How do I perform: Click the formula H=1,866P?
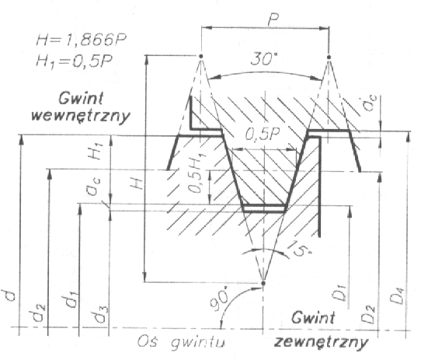[81, 40]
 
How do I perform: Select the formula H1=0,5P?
[74, 61]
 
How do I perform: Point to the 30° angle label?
[263, 59]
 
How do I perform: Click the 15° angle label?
[298, 248]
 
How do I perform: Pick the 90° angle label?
[220, 299]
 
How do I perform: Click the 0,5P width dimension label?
[263, 135]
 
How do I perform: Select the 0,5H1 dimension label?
[197, 173]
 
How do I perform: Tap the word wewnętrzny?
[81, 116]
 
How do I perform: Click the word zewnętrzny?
[322, 341]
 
